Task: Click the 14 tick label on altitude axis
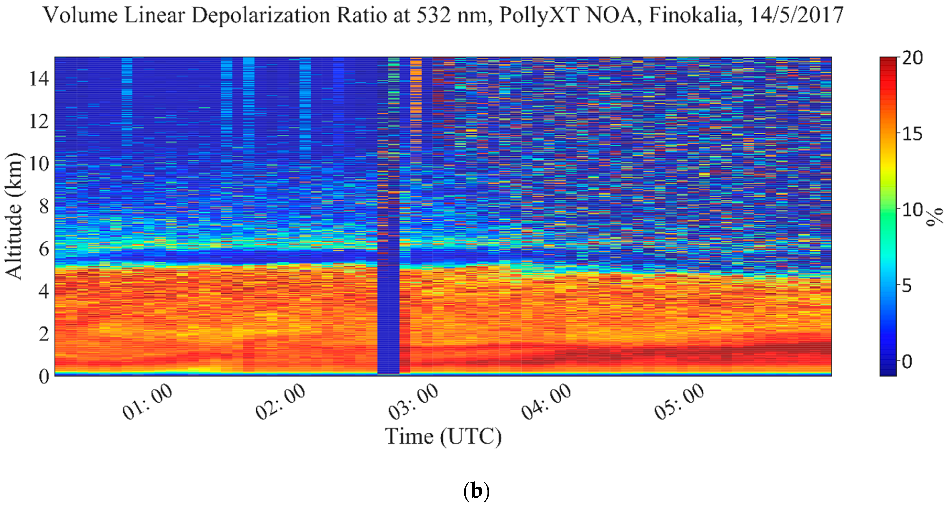pos(39,78)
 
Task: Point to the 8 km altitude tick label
pos(44,206)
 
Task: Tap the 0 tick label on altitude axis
pos(44,377)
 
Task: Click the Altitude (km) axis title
pos(14,216)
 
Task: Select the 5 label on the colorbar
pos(907,286)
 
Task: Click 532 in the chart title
pos(433,15)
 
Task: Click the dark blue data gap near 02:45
pos(388,313)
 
